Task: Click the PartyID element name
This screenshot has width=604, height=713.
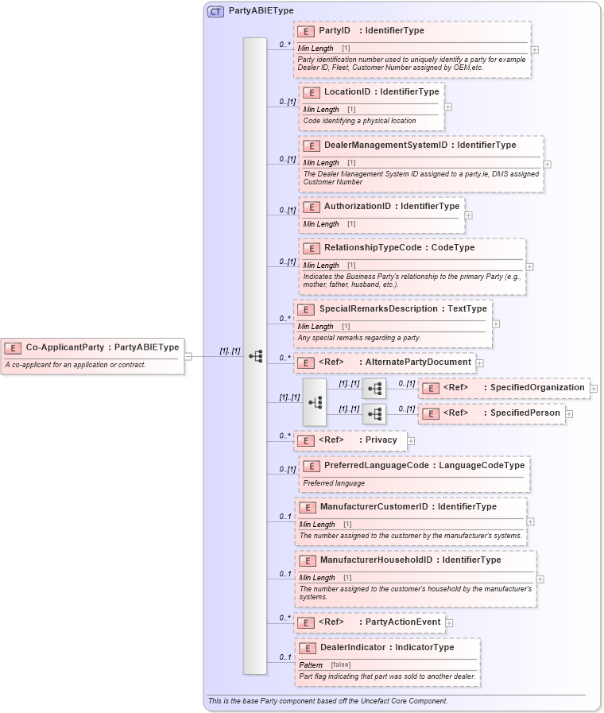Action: tap(335, 31)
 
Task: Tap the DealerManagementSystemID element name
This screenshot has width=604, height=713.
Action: tap(385, 145)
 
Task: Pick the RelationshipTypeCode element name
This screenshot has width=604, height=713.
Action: tap(371, 248)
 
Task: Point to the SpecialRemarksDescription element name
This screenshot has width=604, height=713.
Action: tap(378, 308)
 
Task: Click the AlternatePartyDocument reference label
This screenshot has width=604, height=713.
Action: tap(417, 362)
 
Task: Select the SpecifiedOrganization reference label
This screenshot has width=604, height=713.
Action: tap(537, 387)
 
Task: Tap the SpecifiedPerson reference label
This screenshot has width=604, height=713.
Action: tap(525, 413)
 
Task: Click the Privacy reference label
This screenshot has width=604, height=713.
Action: tap(381, 440)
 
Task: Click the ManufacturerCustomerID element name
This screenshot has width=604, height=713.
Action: tap(374, 506)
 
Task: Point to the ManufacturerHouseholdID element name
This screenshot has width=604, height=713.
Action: tap(376, 560)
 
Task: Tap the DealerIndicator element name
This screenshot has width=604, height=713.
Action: tap(353, 648)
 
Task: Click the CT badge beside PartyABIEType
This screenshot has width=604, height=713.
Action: tap(215, 11)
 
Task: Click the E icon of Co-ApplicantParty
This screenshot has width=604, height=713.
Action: tap(14, 347)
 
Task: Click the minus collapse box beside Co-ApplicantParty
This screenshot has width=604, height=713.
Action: tap(188, 356)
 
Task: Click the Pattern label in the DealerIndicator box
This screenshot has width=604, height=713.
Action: tap(311, 665)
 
